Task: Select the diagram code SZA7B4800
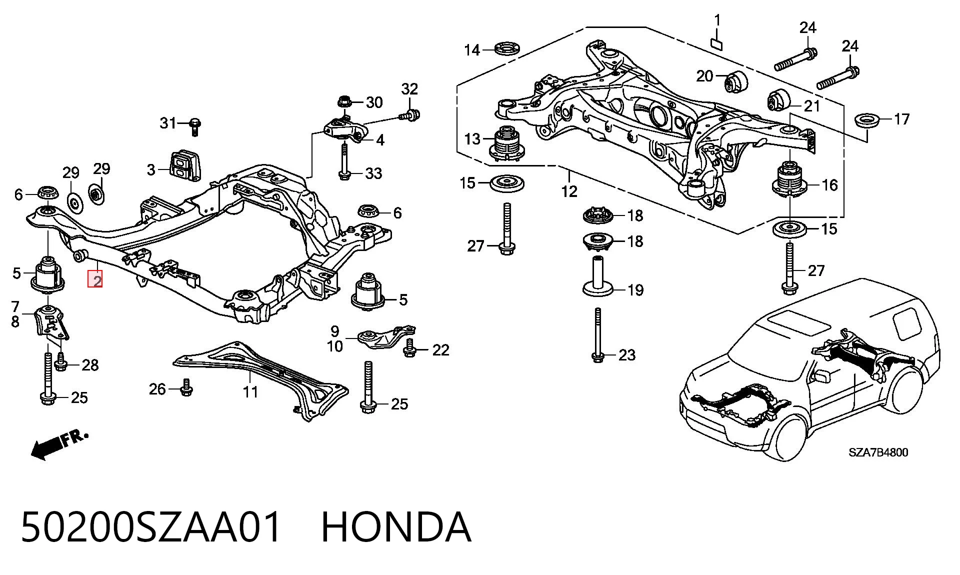tap(878, 452)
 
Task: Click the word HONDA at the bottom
tap(396, 527)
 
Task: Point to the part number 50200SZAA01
tap(151, 527)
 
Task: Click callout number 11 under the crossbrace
tap(250, 391)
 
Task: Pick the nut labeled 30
tap(344, 102)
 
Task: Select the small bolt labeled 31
tap(195, 126)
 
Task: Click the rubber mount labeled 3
tap(184, 164)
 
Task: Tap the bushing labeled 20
tap(735, 81)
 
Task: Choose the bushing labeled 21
tap(777, 100)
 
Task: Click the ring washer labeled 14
tap(507, 49)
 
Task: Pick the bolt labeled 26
tap(186, 387)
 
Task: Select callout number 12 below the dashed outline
tap(569, 190)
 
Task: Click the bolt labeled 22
tap(409, 348)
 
